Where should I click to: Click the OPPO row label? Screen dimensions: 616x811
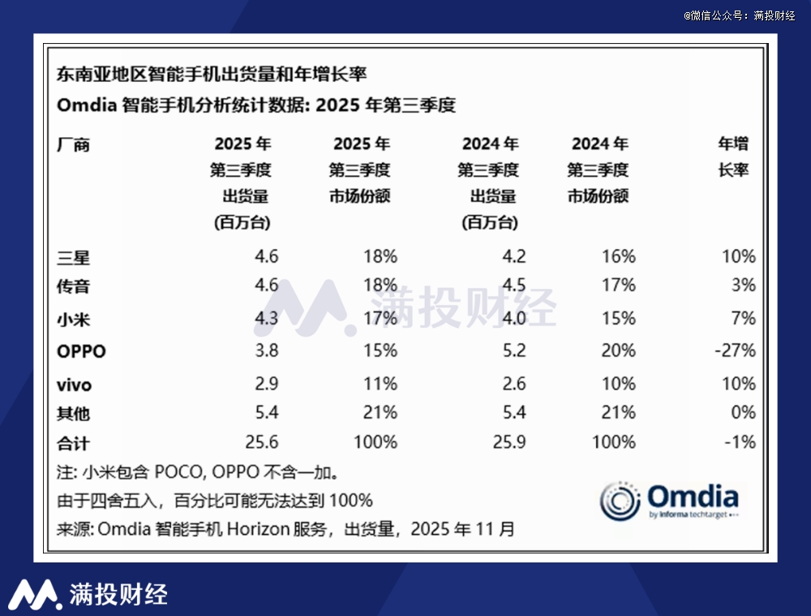(x=81, y=351)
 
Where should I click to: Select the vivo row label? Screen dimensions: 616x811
(x=74, y=384)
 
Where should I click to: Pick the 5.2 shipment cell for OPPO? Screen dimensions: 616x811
(x=514, y=351)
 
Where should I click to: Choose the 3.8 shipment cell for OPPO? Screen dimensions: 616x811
(x=267, y=351)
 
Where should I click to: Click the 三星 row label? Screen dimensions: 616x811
(x=73, y=257)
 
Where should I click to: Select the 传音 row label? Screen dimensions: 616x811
(x=73, y=286)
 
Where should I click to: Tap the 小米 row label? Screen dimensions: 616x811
(x=73, y=318)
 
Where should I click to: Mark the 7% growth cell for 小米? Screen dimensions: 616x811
(x=743, y=318)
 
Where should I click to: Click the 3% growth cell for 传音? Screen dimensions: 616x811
(x=743, y=286)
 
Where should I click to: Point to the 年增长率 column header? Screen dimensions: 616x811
(x=733, y=157)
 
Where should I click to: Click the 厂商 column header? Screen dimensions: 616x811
(x=73, y=145)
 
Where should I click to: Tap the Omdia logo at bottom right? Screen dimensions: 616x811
(x=669, y=501)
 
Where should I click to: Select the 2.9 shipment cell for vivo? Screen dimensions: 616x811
(x=267, y=383)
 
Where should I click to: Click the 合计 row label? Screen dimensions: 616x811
(x=73, y=443)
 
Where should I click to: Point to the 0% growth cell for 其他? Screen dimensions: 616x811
(x=743, y=413)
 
